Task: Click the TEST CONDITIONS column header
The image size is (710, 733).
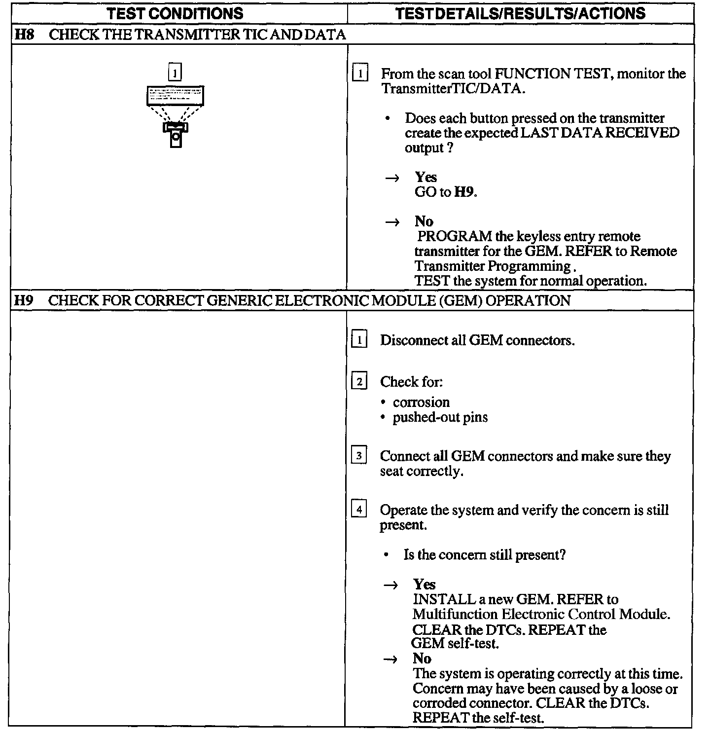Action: tap(175, 13)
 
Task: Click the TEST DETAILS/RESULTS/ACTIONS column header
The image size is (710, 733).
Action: tap(521, 13)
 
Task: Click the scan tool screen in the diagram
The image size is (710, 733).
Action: tap(175, 95)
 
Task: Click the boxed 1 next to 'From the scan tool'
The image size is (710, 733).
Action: tap(360, 74)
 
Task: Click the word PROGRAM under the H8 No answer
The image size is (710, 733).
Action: tap(455, 236)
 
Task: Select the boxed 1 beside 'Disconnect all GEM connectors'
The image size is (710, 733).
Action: tap(359, 340)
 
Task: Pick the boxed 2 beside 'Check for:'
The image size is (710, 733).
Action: tap(359, 382)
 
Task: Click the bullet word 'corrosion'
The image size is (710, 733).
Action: tap(421, 402)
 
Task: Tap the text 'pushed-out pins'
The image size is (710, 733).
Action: tap(440, 417)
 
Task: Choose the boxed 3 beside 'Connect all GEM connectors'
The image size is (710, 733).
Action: tap(359, 456)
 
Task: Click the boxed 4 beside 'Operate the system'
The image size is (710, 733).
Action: tap(359, 510)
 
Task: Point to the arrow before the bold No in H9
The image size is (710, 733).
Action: tap(390, 659)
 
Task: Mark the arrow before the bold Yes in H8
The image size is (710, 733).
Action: tap(392, 178)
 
